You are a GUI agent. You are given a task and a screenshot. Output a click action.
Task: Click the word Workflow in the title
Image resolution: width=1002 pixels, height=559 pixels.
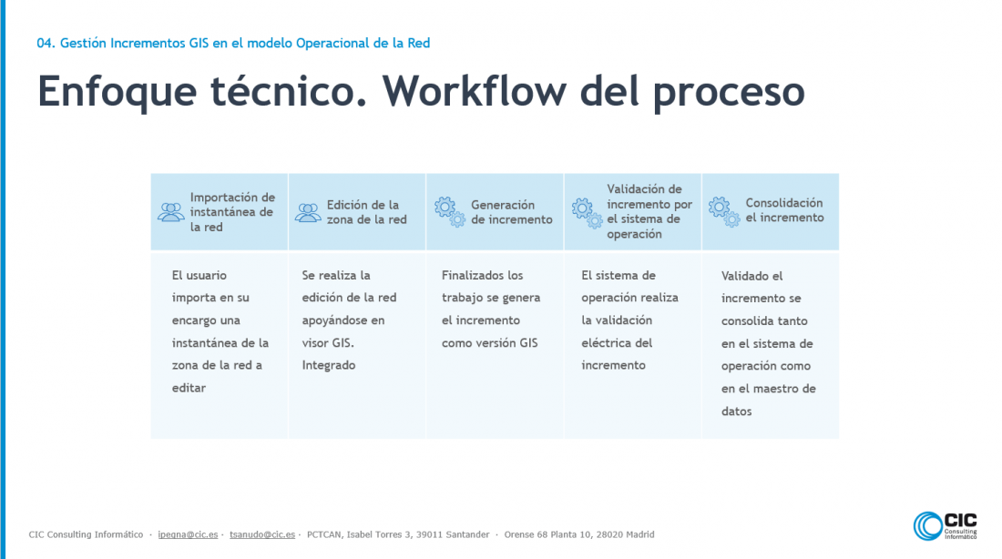[x=475, y=91]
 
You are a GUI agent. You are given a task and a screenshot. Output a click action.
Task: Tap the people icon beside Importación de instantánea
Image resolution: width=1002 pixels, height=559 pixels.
[x=170, y=212]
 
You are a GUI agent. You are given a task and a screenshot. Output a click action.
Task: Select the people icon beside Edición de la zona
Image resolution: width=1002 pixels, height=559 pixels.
[x=308, y=213]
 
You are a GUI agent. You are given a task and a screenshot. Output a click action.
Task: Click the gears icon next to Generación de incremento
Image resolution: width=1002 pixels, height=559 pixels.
[x=450, y=212]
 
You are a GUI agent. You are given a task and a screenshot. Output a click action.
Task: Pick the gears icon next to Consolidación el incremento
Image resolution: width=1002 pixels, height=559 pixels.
[x=724, y=211]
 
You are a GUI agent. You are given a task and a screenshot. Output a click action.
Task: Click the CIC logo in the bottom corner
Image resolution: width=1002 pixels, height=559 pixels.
[x=946, y=526]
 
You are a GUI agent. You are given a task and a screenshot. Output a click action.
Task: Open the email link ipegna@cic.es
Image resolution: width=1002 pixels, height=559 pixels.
[x=188, y=534]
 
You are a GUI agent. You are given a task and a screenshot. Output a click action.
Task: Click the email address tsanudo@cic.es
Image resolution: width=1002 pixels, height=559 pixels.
[x=262, y=534]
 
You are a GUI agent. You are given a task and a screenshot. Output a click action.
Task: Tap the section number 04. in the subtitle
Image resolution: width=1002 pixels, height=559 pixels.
[x=46, y=44]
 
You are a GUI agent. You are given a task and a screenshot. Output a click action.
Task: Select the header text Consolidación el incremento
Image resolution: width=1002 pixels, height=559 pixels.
[x=784, y=210]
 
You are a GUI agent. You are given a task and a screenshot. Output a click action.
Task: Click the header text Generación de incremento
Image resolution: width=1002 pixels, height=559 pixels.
[x=511, y=212]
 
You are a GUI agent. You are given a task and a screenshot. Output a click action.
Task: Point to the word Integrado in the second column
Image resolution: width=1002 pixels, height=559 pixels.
[x=329, y=365]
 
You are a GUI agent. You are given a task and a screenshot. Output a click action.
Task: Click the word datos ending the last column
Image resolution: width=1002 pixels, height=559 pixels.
[x=736, y=412]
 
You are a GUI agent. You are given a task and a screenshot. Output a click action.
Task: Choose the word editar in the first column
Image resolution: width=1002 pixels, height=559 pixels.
[x=189, y=388]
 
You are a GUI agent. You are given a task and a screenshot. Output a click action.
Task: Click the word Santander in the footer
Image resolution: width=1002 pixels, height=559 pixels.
[x=467, y=534]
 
